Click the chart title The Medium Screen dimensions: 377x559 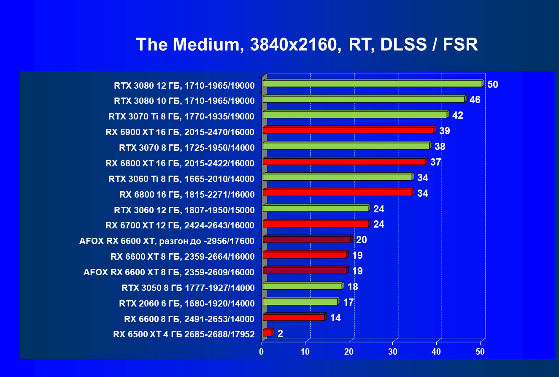click(307, 44)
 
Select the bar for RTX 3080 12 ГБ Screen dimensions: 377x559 click(372, 84)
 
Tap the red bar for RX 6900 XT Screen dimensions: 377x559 click(348, 130)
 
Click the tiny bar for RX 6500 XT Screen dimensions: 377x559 click(267, 333)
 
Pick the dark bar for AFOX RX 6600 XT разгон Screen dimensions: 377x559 click(307, 239)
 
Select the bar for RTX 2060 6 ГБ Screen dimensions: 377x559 click(300, 302)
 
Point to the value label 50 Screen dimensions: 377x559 click(492, 84)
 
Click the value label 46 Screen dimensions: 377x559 click(475, 100)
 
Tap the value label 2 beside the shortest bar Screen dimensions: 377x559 click(280, 334)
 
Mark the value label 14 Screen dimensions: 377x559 click(335, 318)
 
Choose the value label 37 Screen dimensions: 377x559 click(436, 162)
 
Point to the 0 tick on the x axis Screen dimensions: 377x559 click(262, 352)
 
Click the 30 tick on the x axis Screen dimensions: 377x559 click(393, 352)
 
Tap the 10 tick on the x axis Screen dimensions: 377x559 click(305, 352)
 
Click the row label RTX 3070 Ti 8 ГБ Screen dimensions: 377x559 click(181, 117)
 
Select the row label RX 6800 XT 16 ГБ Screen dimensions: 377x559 click(180, 163)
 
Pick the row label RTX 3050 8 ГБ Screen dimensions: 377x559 click(188, 288)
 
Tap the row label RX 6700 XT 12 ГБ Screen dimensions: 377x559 click(180, 225)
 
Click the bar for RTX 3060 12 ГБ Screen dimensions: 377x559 click(315, 208)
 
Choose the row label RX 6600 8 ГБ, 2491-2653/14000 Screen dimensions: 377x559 click(189, 319)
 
